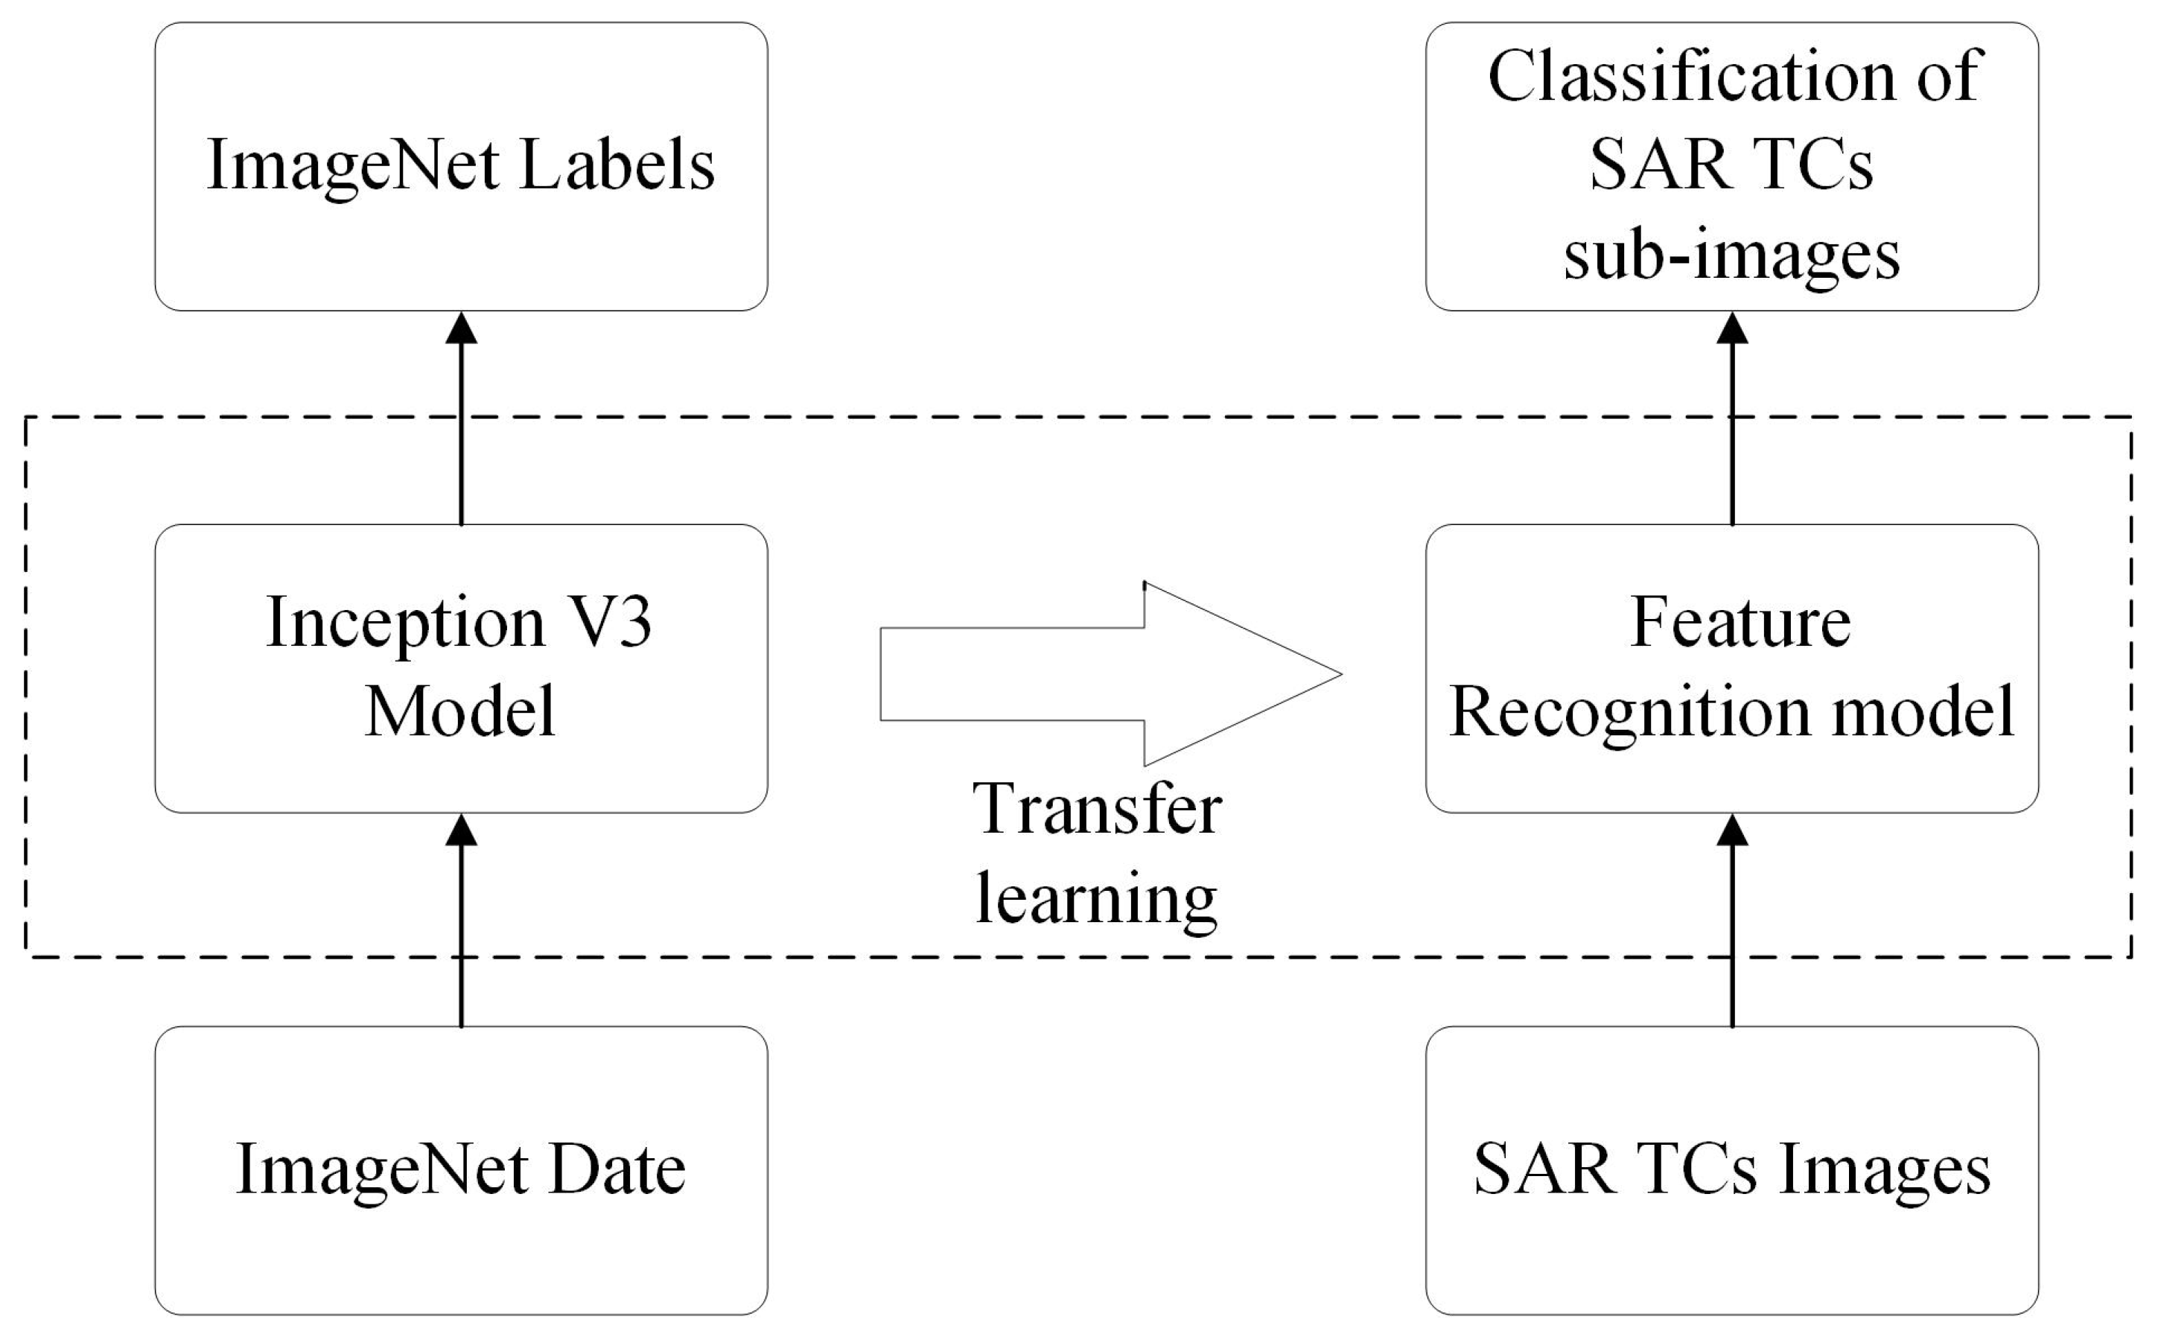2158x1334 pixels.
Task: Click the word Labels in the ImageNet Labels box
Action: click(617, 166)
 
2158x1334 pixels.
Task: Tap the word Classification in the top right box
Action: click(1689, 77)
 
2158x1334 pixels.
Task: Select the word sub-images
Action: click(1731, 256)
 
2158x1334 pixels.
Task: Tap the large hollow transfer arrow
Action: click(1111, 674)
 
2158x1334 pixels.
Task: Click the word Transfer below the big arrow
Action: click(1097, 809)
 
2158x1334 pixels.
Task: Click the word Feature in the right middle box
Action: click(1740, 623)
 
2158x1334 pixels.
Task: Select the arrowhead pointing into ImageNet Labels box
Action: click(461, 328)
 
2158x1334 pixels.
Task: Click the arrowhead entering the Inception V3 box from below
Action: click(461, 830)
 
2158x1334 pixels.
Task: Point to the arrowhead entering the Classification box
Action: click(1732, 328)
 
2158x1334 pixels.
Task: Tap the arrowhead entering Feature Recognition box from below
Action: click(1732, 830)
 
